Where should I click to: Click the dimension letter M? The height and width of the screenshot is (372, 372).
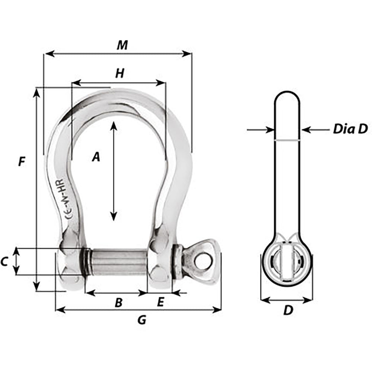tap(122, 45)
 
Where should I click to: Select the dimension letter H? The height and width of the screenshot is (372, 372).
tap(119, 74)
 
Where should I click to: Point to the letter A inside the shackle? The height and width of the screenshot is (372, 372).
tap(96, 157)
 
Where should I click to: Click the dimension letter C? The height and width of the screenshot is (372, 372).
tap(4, 262)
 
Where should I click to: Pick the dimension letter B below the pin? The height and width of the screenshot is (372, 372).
tap(118, 303)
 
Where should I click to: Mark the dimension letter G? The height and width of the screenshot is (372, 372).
tap(141, 320)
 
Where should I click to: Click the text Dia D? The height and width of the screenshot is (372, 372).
tap(350, 129)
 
